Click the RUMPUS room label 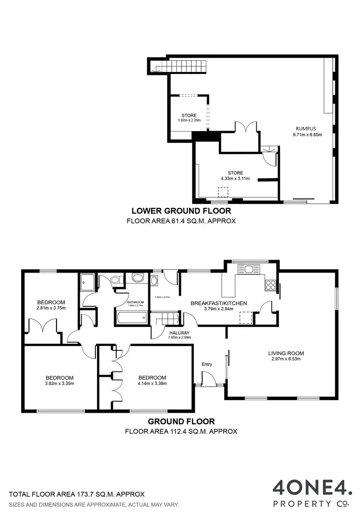click(x=305, y=129)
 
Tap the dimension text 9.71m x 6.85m click(x=305, y=135)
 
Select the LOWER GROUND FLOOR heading click(x=181, y=211)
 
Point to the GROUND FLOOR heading click(x=181, y=421)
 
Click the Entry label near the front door click(x=206, y=364)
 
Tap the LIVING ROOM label click(x=286, y=354)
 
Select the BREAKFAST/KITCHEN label click(x=218, y=303)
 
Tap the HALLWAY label click(x=180, y=333)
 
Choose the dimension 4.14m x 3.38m click(x=152, y=383)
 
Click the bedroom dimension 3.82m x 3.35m click(x=60, y=383)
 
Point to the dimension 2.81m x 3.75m click(x=51, y=308)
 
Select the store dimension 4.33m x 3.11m click(x=235, y=178)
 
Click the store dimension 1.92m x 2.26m click(x=189, y=120)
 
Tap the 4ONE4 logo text click(x=312, y=488)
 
